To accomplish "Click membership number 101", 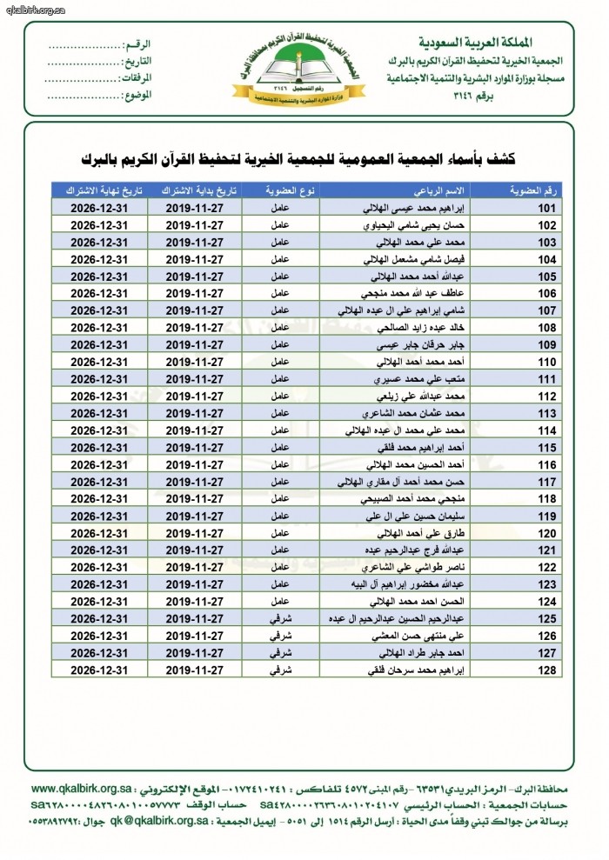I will (547, 209).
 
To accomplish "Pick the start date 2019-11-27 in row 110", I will (191, 362).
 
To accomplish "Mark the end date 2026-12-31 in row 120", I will (96, 532).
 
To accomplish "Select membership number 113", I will (547, 413).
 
